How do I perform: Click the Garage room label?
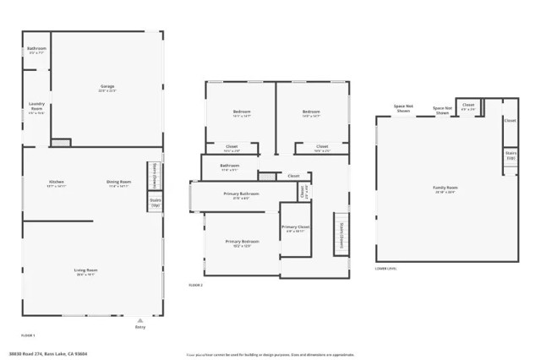point(107,88)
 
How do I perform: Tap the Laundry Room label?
point(36,108)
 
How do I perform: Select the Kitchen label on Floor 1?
point(57,183)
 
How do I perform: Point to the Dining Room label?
point(118,183)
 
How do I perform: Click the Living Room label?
point(85,272)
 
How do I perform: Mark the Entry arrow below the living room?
point(139,322)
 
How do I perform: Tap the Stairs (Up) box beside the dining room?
point(155,204)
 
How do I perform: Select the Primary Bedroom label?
point(242,243)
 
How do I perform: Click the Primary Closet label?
point(295,228)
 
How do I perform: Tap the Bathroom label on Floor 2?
point(230,166)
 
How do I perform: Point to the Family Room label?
point(445,188)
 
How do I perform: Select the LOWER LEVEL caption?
point(385,269)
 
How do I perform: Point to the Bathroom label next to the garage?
point(36,49)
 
